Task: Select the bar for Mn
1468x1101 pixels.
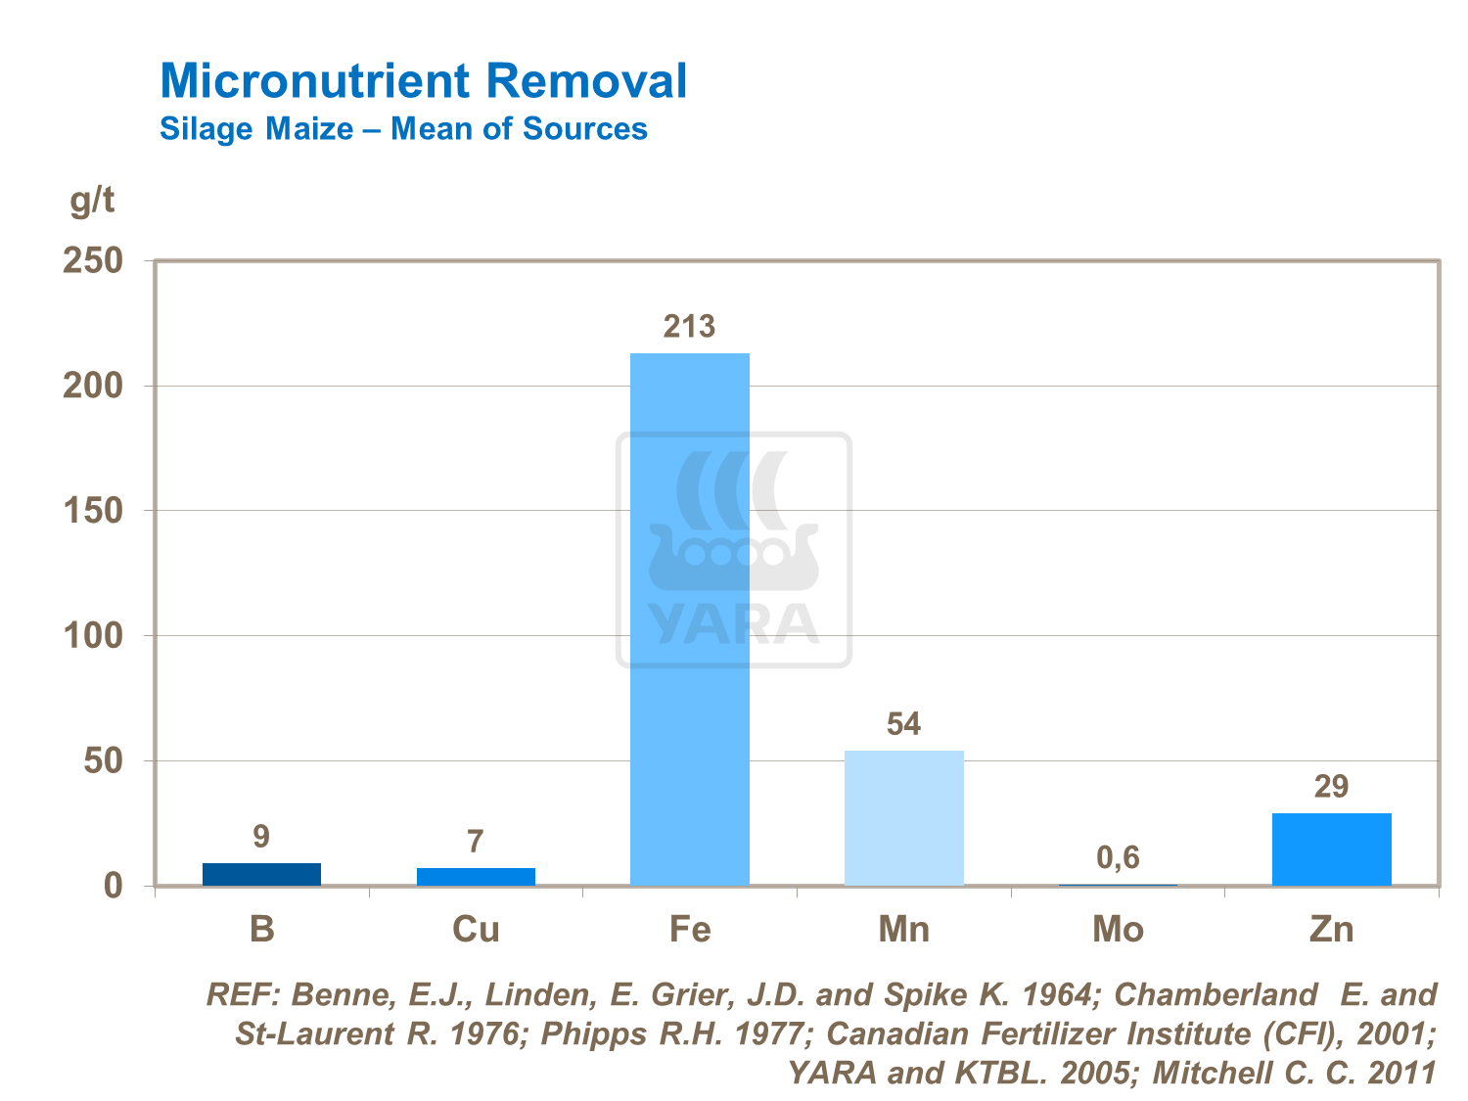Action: [903, 818]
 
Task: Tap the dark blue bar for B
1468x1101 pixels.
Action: [261, 874]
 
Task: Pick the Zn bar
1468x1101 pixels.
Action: [1331, 849]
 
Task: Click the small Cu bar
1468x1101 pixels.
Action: [476, 877]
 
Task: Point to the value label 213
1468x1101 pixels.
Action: [689, 326]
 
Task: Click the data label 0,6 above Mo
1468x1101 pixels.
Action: [1118, 858]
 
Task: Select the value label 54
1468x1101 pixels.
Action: [903, 724]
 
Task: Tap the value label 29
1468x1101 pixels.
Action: [1331, 787]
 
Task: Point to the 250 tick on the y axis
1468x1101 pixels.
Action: [93, 260]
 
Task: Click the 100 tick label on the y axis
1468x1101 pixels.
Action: [93, 636]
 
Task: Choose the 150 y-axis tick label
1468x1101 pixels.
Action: [93, 511]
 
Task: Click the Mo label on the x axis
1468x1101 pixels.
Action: [1118, 929]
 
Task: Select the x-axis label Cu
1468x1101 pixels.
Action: [476, 929]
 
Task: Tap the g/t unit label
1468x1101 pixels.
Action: [93, 200]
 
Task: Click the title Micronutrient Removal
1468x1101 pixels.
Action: [423, 80]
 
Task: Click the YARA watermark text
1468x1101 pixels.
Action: [733, 623]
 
